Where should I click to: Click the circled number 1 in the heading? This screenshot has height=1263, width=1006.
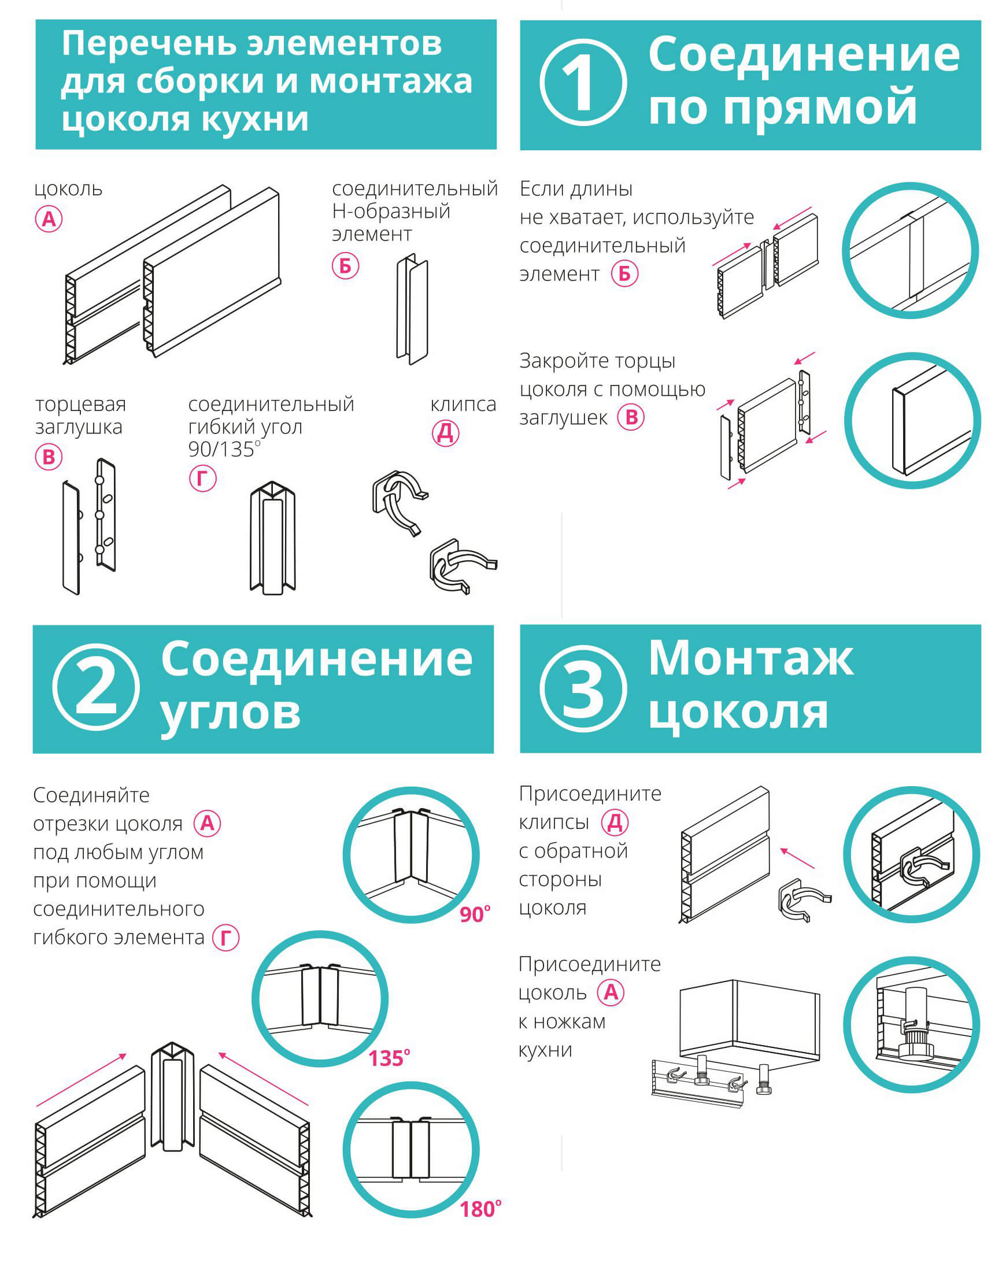[582, 82]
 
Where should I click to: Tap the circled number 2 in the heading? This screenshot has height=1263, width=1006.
[95, 687]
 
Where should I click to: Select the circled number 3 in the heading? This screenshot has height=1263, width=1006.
[582, 688]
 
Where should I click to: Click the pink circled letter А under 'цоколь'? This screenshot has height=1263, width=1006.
[49, 219]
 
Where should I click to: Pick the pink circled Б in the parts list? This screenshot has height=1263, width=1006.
[345, 266]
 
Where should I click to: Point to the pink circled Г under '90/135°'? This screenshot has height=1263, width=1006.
[203, 479]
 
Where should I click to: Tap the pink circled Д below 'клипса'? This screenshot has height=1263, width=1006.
[445, 434]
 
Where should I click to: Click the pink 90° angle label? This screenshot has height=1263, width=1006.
[475, 914]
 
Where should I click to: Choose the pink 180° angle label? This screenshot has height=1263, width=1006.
[480, 1209]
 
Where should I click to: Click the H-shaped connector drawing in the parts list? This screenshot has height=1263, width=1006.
[412, 309]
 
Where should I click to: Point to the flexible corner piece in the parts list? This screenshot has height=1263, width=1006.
[272, 538]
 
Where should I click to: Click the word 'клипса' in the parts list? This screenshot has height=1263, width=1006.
[463, 403]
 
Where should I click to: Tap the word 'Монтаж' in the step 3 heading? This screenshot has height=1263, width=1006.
[750, 658]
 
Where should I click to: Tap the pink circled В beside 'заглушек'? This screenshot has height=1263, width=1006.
[631, 417]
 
